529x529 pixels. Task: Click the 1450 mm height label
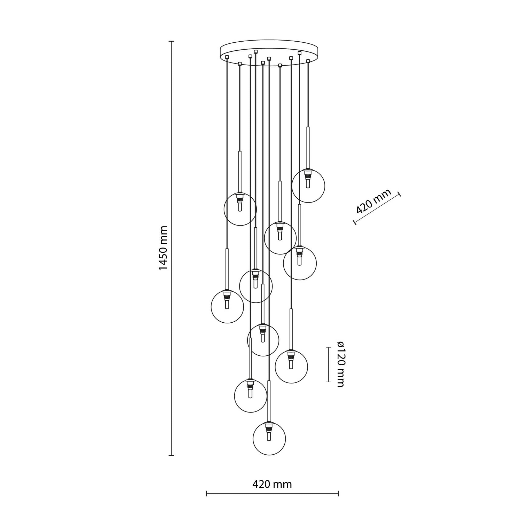[x=163, y=248]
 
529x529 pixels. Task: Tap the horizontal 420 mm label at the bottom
[x=272, y=484]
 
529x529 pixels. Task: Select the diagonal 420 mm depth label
[x=374, y=201]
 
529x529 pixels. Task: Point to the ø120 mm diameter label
[x=340, y=364]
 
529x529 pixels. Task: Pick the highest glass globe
[x=308, y=186]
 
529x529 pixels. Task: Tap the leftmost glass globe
[x=227, y=307]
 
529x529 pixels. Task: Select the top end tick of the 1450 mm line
[x=172, y=41]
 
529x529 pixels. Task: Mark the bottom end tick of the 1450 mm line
[x=172, y=456]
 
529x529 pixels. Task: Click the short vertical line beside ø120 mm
[x=329, y=364]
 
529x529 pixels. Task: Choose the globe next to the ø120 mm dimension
[x=291, y=367]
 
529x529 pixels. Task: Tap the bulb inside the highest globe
[x=308, y=183]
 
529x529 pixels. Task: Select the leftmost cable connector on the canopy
[x=227, y=57]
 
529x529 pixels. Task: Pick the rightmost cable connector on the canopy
[x=308, y=61]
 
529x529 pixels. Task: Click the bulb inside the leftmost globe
[x=227, y=304]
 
